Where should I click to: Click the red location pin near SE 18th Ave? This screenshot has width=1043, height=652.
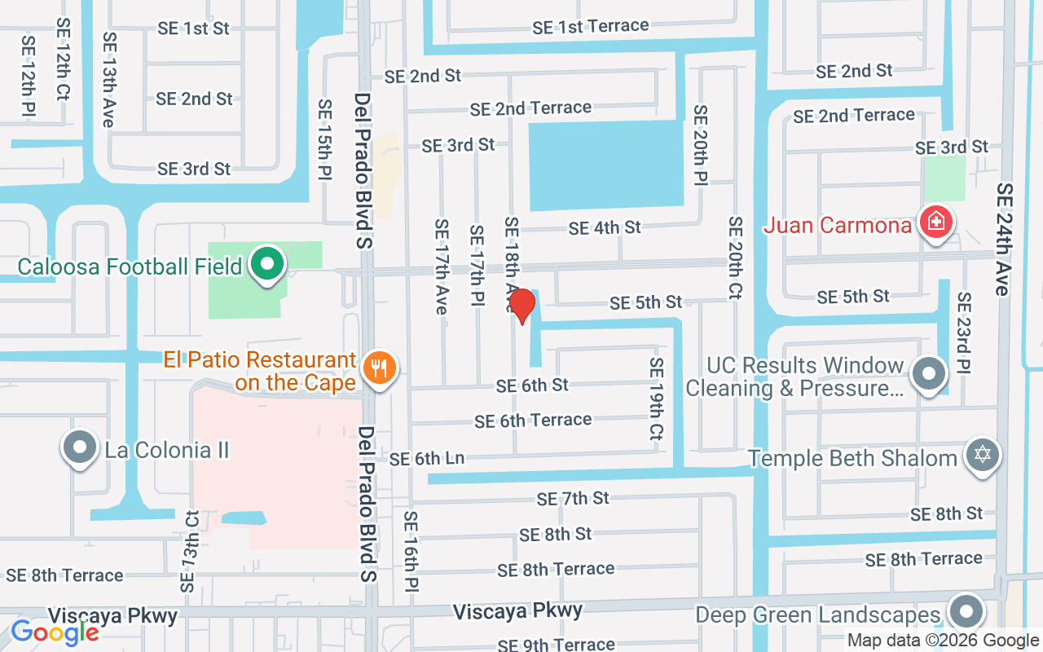521,305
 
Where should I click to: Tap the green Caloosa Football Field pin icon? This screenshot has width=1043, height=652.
266,264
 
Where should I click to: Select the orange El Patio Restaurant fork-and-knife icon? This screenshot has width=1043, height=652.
378,368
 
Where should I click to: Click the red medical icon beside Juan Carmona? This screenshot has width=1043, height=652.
936,222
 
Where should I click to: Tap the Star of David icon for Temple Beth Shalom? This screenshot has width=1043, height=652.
983,455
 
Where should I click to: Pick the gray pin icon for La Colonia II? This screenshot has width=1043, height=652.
80,448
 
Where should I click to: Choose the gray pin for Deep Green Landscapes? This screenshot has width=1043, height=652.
966,611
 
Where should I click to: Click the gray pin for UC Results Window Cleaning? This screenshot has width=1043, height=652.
929,374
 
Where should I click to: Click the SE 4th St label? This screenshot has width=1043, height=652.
605,228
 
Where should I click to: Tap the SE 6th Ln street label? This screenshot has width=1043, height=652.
427,459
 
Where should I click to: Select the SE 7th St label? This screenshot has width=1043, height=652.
573,497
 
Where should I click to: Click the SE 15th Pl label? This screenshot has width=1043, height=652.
325,139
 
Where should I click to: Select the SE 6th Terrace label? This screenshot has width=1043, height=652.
533,421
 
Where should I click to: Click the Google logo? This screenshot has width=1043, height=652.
55,632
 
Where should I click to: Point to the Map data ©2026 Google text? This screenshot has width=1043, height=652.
942,641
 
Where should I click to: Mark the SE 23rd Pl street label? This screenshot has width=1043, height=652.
964,333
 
